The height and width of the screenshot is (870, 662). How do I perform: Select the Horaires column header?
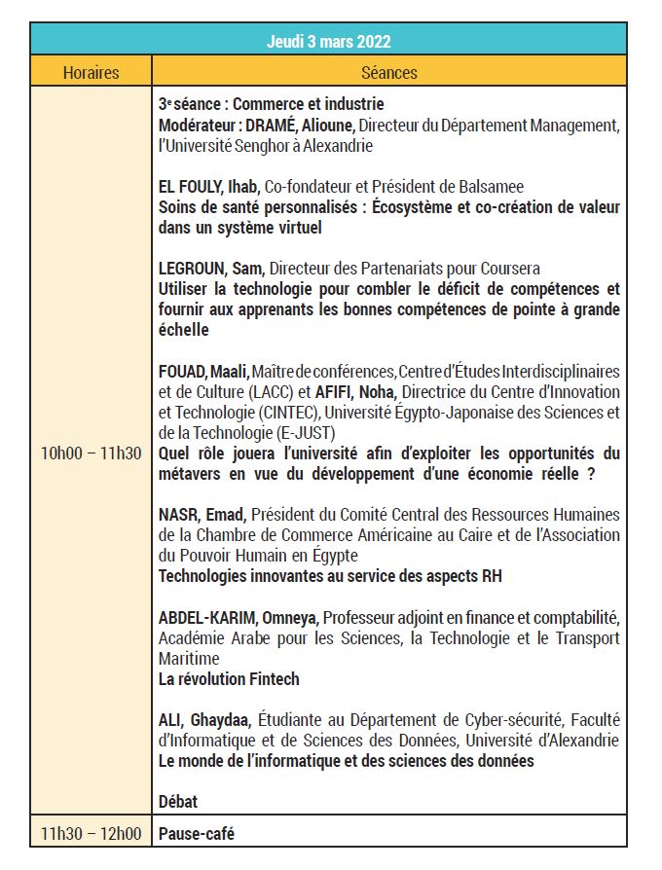point(91,72)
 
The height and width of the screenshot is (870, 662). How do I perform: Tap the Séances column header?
point(388,72)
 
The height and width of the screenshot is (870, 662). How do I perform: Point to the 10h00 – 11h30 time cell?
point(91,453)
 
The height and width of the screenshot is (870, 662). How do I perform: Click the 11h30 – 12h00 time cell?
point(91,834)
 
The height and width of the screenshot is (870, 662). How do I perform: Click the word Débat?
point(178,801)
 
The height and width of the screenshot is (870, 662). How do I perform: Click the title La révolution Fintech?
point(229,679)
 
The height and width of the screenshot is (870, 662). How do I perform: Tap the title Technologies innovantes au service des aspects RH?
point(330,576)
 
